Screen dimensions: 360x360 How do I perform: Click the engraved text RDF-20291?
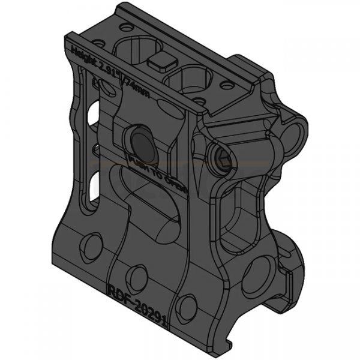click(x=137, y=297)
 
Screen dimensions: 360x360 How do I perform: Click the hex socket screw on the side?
click(x=222, y=157)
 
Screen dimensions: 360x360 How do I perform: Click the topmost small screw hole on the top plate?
click(x=124, y=27)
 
